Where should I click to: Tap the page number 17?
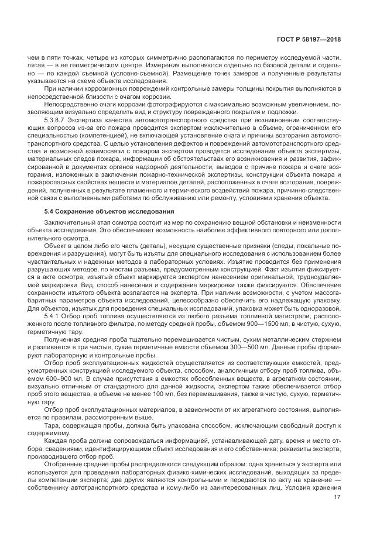[x=337, y=498]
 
